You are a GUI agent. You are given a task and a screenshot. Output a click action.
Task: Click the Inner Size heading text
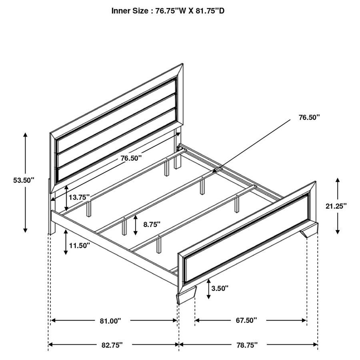(168, 11)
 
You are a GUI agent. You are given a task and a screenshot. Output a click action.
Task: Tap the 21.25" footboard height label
(336, 206)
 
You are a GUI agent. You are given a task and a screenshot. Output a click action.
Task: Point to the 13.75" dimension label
(79, 198)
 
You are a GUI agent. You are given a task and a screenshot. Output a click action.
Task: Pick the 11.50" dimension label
(79, 245)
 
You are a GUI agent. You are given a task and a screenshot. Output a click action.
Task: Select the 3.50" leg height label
(220, 288)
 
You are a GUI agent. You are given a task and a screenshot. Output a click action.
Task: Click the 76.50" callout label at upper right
(309, 117)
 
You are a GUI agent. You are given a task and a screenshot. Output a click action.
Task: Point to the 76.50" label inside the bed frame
(131, 158)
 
